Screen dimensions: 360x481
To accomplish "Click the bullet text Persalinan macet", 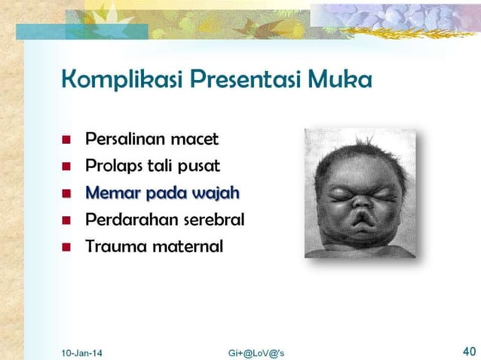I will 152,139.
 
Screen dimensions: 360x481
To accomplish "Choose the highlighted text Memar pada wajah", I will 162,193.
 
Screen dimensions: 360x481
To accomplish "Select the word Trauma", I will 113,246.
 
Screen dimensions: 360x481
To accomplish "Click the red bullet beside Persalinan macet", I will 67,141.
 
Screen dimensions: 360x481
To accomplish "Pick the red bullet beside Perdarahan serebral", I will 67,221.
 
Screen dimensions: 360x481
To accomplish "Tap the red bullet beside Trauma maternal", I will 67,247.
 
